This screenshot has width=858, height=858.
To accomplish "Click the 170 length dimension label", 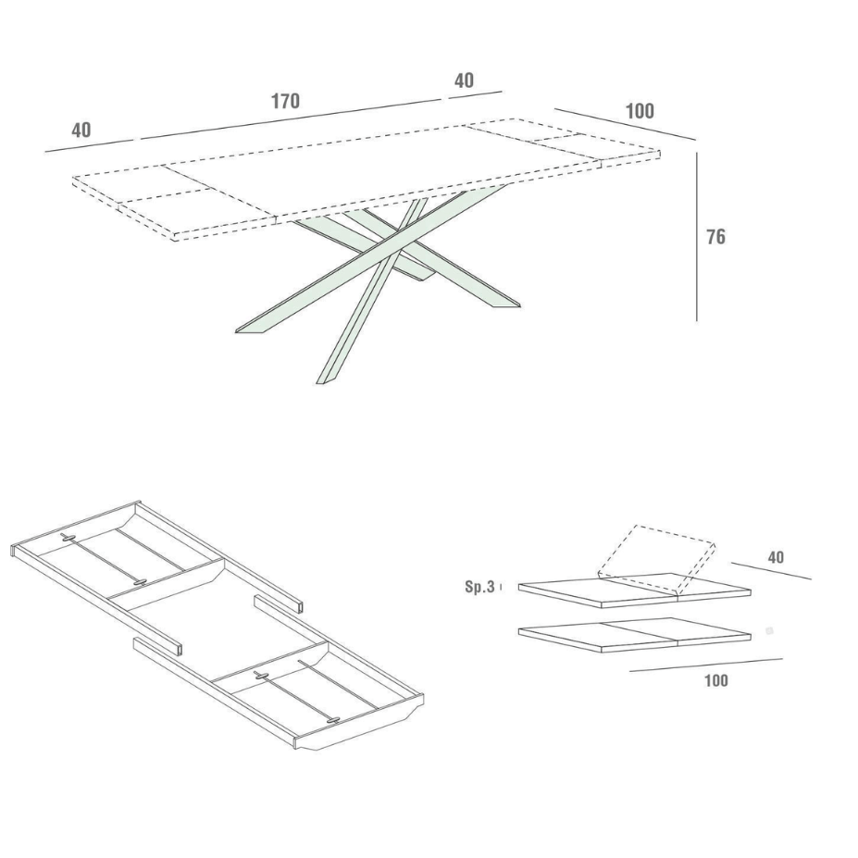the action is (x=286, y=101).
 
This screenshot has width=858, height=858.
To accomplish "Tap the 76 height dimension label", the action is (x=715, y=237).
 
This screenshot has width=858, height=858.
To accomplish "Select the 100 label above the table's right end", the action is (x=640, y=111).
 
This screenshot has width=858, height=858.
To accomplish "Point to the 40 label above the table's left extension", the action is (x=81, y=131).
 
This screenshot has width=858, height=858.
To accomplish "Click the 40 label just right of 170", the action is (x=464, y=81).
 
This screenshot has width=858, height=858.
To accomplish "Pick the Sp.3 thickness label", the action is (x=479, y=587).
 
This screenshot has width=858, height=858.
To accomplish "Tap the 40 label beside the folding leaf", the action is (x=776, y=557).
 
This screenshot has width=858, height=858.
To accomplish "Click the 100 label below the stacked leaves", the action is (x=715, y=680).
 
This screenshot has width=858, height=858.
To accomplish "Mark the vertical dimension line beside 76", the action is (x=697, y=236).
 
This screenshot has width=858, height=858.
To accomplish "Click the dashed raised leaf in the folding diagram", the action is (x=656, y=559).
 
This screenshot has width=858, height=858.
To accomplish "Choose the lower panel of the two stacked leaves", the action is (x=635, y=635).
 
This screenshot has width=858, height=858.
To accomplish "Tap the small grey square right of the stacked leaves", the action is (x=769, y=631).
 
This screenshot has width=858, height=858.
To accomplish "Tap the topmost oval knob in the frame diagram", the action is (x=68, y=537).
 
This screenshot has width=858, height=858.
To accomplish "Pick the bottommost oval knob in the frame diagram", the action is (x=332, y=721).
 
